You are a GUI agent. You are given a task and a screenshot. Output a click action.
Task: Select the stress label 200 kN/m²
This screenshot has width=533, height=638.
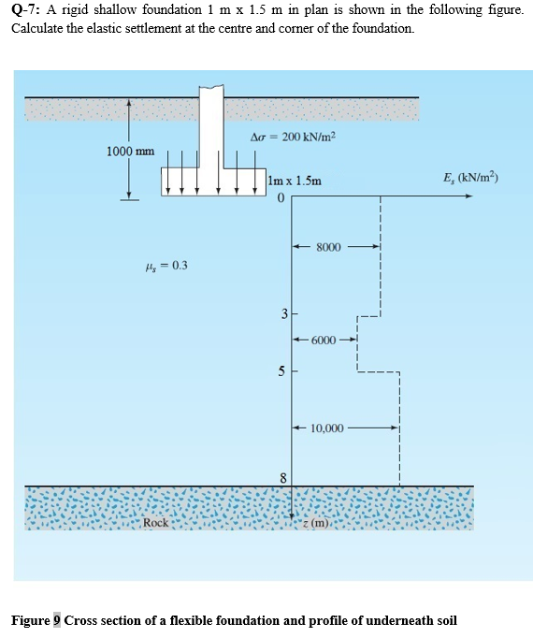294,137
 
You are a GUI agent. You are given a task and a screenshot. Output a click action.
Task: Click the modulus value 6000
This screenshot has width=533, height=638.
324,341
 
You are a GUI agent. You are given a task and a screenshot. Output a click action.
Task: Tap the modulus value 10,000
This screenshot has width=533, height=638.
326,428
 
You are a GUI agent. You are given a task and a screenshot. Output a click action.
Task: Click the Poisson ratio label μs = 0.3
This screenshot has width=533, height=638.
167,265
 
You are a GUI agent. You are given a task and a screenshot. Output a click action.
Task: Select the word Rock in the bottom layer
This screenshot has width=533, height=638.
156,522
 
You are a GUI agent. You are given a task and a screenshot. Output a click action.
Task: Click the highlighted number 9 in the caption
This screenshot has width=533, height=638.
56,620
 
